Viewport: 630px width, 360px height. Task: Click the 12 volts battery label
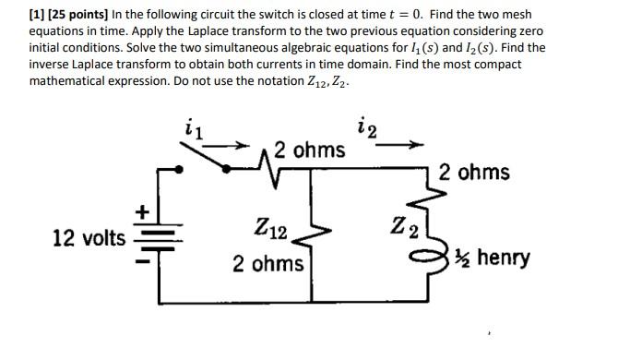89,238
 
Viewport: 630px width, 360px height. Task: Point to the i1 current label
194,129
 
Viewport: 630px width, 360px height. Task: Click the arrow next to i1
235,146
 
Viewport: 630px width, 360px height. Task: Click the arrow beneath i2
403,145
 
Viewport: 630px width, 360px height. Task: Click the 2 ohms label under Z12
267,264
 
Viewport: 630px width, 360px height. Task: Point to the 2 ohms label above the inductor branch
474,173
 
